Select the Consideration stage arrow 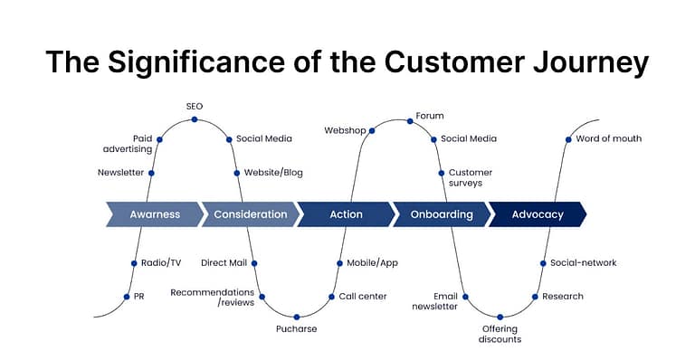(x=250, y=214)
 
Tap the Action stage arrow (x=346, y=214)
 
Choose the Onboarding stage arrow (x=442, y=214)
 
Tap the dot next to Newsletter (x=151, y=173)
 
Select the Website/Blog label (x=273, y=173)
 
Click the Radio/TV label (x=161, y=263)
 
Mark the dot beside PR (x=127, y=296)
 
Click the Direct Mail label (x=224, y=263)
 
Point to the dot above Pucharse (x=297, y=316)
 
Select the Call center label (x=363, y=296)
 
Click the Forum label (x=429, y=116)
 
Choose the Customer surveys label (x=471, y=177)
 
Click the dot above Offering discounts (x=500, y=317)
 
